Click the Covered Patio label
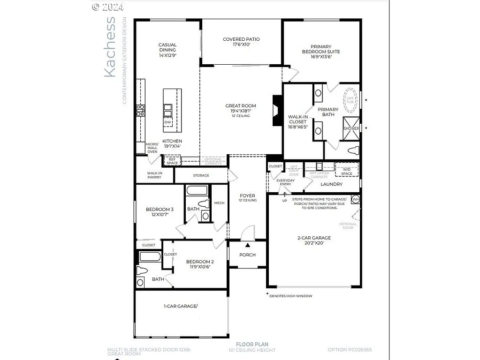241,39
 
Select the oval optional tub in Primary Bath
350,97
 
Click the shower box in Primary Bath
351,127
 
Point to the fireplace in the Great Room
277,111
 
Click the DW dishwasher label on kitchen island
168,122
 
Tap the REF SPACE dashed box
172,161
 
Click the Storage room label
201,176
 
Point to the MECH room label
219,202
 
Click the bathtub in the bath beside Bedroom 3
197,191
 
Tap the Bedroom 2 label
200,262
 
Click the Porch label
247,255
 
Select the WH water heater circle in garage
355,199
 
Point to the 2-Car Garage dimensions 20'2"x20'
314,243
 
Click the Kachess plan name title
109,47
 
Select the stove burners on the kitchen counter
140,110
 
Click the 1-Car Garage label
181,306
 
